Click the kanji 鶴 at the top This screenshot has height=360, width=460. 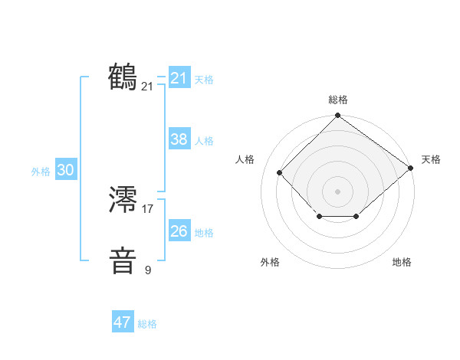123,77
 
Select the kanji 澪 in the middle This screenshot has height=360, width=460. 123,201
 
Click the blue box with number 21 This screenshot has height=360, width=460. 179,78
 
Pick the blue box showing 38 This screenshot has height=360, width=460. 179,139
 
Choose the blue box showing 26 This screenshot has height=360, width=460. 179,231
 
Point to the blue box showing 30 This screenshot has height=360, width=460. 65,171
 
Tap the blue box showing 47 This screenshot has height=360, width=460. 123,322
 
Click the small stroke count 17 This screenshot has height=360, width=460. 148,208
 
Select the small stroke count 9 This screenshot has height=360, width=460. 148,270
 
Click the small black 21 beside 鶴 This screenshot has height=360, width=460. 148,87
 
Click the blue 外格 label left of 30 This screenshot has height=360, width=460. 41,172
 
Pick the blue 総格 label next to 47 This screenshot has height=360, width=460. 147,324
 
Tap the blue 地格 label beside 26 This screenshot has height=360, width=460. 204,233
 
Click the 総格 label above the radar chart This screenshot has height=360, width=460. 338,100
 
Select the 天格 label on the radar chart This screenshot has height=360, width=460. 431,159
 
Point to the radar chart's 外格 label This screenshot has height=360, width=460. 270,262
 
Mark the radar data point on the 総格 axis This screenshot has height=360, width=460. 338,116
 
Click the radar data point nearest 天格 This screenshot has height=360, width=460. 410,169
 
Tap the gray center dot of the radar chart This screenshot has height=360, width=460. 338,191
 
